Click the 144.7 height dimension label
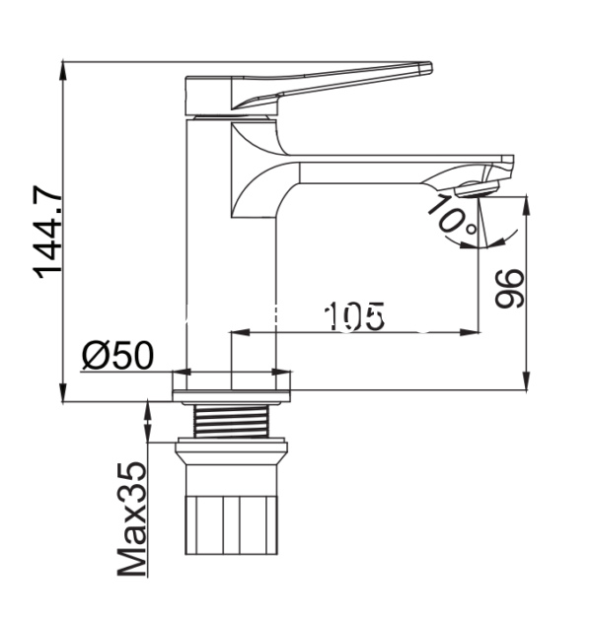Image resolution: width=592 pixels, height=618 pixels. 47,232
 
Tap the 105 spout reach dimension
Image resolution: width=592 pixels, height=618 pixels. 354,316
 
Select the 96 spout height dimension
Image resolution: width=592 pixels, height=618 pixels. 509,288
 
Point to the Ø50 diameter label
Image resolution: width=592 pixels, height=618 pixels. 117,355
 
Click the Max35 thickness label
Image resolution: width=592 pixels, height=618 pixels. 132,519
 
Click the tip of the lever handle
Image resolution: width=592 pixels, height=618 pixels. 430,67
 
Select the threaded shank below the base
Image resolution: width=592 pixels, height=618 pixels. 231,421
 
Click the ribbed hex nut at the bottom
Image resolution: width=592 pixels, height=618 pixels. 232,525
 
